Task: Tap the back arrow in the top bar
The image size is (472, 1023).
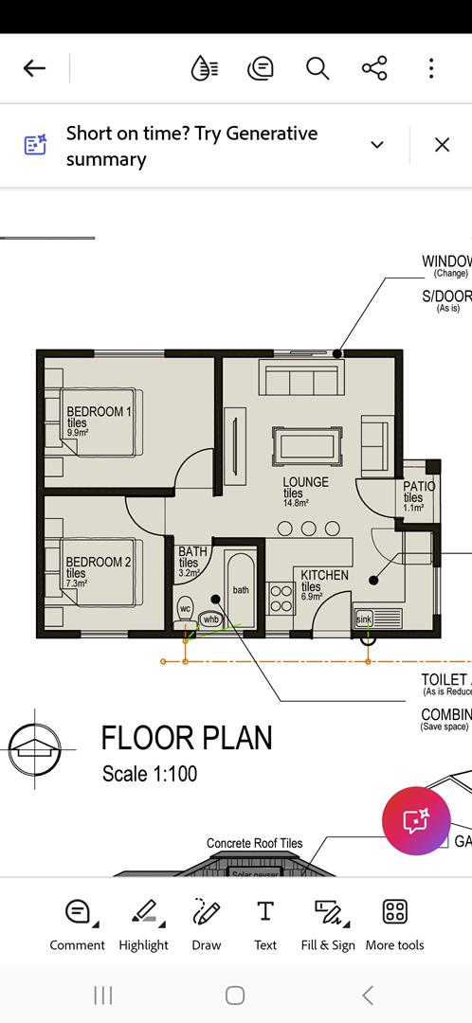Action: pyautogui.click(x=34, y=68)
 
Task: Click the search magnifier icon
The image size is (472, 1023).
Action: pyautogui.click(x=317, y=68)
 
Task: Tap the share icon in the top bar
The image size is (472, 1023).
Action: pyautogui.click(x=374, y=68)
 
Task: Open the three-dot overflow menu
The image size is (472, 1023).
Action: pyautogui.click(x=431, y=68)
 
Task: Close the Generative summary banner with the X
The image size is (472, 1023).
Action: pyautogui.click(x=442, y=145)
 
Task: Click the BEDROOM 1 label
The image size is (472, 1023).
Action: pyautogui.click(x=99, y=412)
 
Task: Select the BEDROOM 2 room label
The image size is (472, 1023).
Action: pyautogui.click(x=98, y=563)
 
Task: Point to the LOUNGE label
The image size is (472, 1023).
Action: pyautogui.click(x=305, y=483)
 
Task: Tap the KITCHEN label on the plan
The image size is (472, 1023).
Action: pyautogui.click(x=324, y=576)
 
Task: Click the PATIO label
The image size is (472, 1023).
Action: pyautogui.click(x=419, y=488)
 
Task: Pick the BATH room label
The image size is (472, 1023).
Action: pyautogui.click(x=192, y=552)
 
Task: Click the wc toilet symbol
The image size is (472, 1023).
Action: pyautogui.click(x=185, y=609)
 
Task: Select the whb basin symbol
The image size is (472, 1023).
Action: pyautogui.click(x=210, y=619)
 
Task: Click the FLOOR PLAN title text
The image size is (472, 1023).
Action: pyautogui.click(x=187, y=738)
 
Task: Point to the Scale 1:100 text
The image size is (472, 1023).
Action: pyautogui.click(x=150, y=774)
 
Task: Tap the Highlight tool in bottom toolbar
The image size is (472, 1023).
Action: pyautogui.click(x=143, y=924)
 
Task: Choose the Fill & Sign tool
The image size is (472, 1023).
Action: pyautogui.click(x=328, y=924)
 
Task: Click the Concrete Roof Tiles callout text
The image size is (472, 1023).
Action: pyautogui.click(x=254, y=843)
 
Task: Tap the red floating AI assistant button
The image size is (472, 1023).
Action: pyautogui.click(x=416, y=820)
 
